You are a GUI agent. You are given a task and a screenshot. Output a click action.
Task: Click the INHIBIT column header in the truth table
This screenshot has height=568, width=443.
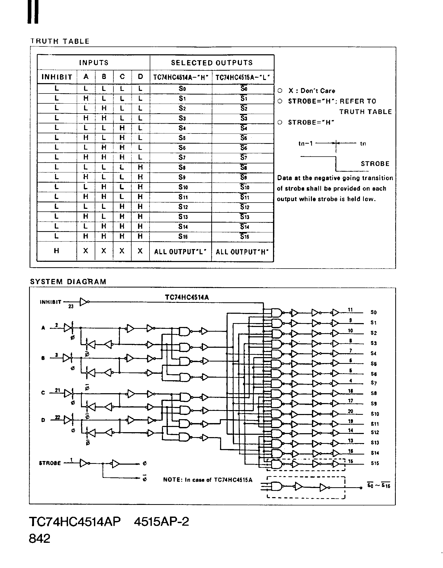coord(57,77)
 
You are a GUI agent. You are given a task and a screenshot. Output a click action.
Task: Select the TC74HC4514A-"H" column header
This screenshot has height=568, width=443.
coord(181,77)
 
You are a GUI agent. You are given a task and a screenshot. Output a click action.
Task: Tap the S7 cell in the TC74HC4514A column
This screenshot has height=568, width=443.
coord(182,158)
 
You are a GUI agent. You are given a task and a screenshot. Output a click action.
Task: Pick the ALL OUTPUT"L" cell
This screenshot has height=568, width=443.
coord(180,252)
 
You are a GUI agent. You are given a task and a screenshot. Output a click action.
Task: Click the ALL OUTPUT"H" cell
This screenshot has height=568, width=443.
coord(242,252)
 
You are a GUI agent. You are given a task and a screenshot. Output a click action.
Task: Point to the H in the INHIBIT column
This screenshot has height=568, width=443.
coord(57,251)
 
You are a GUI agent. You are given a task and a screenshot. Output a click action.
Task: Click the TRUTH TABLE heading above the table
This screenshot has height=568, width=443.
coord(60,41)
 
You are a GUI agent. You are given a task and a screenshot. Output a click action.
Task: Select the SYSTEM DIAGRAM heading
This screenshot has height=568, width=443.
coord(68,282)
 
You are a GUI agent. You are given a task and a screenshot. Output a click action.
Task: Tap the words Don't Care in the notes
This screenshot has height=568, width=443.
coord(318,91)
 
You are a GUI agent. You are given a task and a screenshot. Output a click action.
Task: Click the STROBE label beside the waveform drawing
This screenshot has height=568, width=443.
coord(375,164)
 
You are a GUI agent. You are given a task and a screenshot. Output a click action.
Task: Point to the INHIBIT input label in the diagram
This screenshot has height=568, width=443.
coord(50,302)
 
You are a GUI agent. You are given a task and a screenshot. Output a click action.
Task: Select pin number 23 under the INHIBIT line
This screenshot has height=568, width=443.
coord(71,307)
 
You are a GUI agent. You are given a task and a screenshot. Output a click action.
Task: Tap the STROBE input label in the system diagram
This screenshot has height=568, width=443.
coord(50,463)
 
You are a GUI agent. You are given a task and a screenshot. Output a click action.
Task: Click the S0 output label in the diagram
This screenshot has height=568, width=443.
coord(374,312)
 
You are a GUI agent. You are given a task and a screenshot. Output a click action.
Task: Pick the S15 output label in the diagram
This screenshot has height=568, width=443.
coord(375,463)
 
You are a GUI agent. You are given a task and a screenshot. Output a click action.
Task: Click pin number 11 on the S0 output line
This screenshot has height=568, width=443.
coord(350,310)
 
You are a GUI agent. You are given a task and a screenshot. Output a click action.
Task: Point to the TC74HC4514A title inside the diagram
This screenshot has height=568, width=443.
coord(187,297)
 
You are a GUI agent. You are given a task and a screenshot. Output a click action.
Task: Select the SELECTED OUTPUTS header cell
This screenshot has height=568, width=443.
coord(212,63)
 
